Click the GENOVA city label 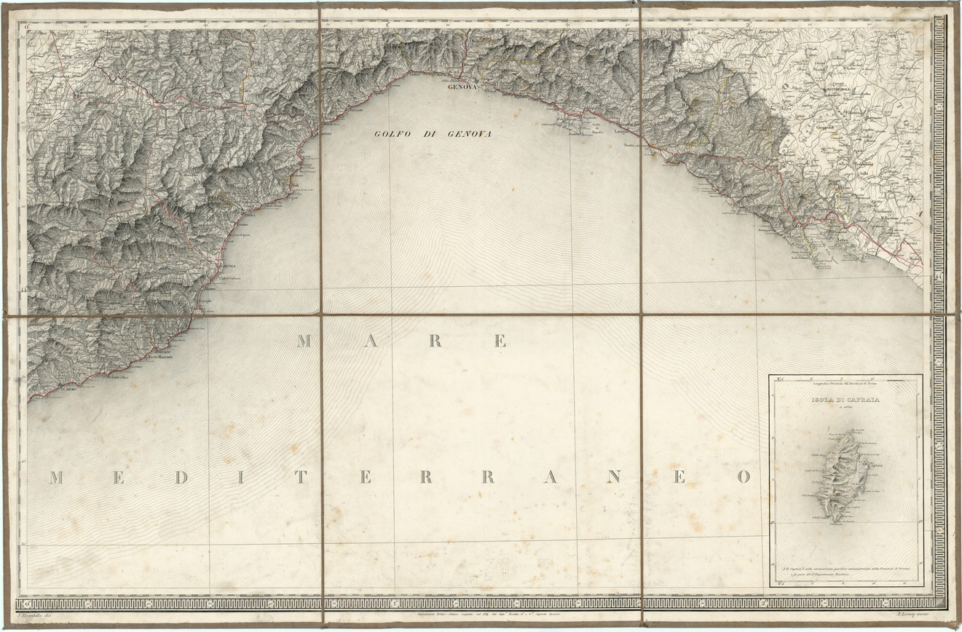click(461, 86)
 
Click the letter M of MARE click(304, 341)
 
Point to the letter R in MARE click(435, 341)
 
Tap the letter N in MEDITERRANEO click(614, 478)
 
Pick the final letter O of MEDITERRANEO click(743, 478)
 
